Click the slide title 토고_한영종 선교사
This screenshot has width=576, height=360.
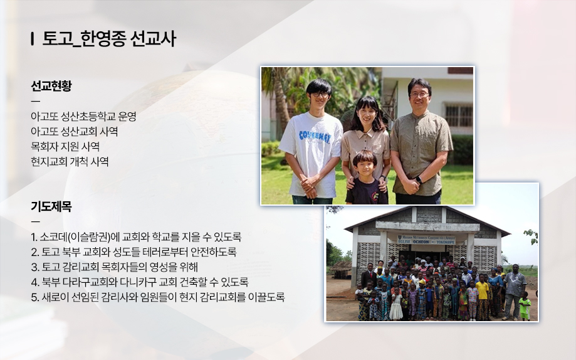coord(109,39)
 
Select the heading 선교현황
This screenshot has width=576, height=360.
coord(51,86)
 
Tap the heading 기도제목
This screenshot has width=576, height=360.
coord(51,206)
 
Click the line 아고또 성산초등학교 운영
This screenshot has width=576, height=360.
coord(83,117)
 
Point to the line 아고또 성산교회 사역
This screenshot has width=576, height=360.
coord(74,132)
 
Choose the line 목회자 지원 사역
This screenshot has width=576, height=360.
coord(65,147)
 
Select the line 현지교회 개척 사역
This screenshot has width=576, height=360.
coord(70,162)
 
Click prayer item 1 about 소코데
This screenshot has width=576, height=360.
coord(136,237)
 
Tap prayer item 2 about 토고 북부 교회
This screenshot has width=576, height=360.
coord(134,252)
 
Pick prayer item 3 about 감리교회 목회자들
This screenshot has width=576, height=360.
coord(114,267)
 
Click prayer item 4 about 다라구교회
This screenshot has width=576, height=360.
coord(140,282)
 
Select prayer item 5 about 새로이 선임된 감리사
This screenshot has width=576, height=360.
coord(157,297)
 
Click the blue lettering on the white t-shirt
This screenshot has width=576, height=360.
coord(314,137)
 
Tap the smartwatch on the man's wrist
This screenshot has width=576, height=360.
coord(419,180)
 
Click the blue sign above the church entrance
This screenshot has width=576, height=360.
coord(426,240)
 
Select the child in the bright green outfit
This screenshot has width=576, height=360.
coord(525,306)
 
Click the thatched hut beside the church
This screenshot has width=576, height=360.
coord(342,270)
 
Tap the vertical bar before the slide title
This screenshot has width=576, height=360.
coord(33,39)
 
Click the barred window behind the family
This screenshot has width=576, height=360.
coord(458,115)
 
